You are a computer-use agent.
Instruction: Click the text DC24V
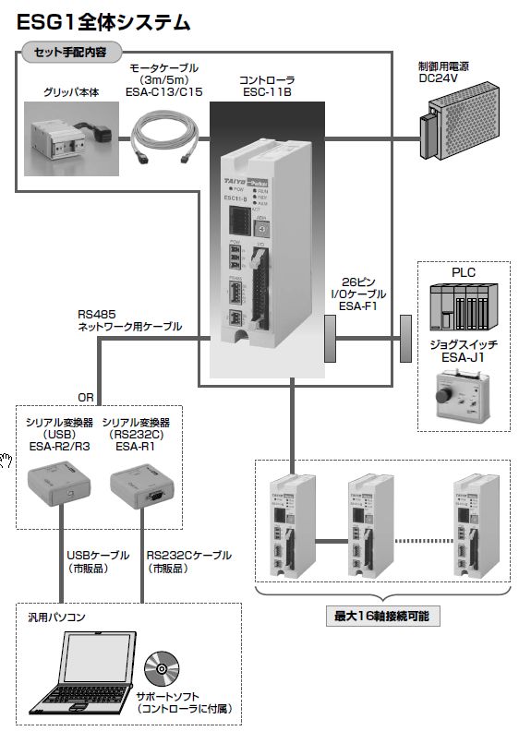[x=447, y=79]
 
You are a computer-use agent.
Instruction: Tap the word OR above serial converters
[x=86, y=398]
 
